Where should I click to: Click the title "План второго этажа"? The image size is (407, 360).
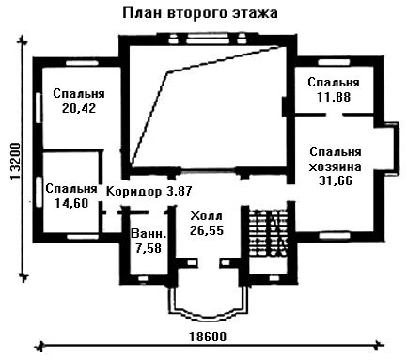pos(200,13)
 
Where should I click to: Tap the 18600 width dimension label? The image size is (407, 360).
pos(208,337)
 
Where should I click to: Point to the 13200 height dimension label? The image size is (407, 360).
pos(15,162)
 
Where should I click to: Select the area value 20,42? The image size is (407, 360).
pos(79,108)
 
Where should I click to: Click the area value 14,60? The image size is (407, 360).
pos(71,203)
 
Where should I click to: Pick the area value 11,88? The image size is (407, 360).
pos(334,97)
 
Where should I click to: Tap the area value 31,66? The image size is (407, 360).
pos(336,180)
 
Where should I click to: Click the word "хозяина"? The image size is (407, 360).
pos(335,167)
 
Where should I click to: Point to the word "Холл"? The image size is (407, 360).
pos(207,216)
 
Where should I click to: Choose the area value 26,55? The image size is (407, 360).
pos(207,230)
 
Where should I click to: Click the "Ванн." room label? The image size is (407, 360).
pos(149,234)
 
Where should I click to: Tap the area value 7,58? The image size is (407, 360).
pos(149,248)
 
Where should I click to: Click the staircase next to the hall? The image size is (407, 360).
pos(268,232)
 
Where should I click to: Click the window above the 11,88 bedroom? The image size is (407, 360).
pos(334,62)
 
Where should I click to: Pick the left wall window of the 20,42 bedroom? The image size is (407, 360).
pos(39,107)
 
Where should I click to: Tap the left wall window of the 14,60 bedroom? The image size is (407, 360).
pos(39,192)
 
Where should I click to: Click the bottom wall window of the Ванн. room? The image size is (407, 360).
pos(143,278)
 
